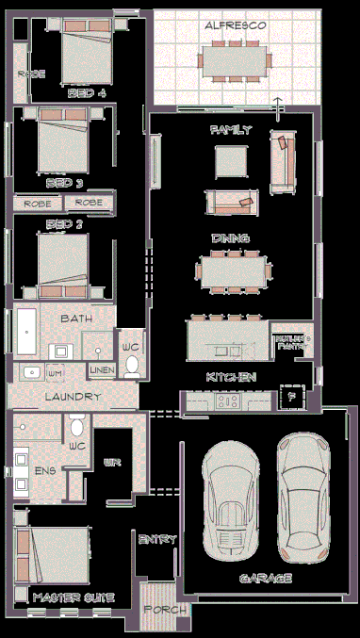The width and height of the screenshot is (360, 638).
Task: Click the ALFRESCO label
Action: (235, 27)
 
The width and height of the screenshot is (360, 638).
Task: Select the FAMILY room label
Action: (231, 130)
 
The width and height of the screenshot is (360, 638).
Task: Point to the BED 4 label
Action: (86, 94)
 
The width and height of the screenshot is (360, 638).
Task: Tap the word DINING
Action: (229, 238)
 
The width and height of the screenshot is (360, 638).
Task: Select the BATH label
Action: (75, 319)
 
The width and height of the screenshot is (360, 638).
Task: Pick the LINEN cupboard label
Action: (102, 370)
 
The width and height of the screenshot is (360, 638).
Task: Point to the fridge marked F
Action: (291, 396)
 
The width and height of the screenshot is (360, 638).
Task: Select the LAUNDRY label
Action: (72, 397)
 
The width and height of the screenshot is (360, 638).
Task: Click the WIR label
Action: (110, 463)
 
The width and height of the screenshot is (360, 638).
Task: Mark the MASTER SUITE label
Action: (74, 597)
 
